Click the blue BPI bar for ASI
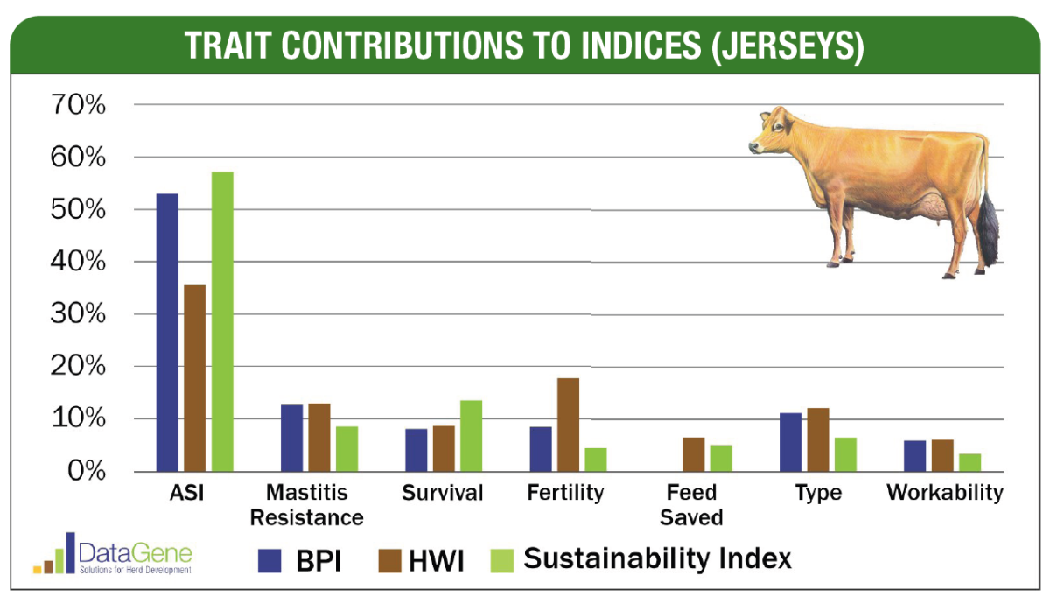click(167, 333)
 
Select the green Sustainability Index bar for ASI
click(222, 321)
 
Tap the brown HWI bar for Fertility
click(568, 425)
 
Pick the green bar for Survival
click(471, 436)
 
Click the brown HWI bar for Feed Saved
click(694, 454)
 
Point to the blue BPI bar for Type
click(790, 442)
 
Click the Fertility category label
click(565, 493)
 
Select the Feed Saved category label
click(691, 505)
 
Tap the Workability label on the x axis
click(944, 493)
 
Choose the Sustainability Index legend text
click(657, 558)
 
